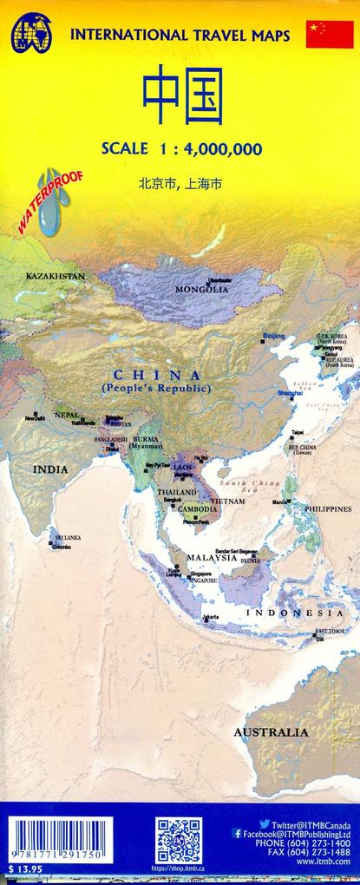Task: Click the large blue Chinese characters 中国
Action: pyautogui.click(x=182, y=97)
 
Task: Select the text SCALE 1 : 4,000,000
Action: pyautogui.click(x=182, y=148)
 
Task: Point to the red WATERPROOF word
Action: pyautogui.click(x=50, y=201)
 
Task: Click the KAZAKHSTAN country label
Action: pyautogui.click(x=56, y=276)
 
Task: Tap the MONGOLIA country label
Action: pyautogui.click(x=201, y=289)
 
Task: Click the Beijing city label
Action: pyautogui.click(x=273, y=336)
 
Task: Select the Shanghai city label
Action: pyautogui.click(x=290, y=393)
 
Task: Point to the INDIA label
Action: pyautogui.click(x=50, y=469)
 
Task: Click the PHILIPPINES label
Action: pyautogui.click(x=328, y=508)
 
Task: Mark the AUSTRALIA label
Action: pyautogui.click(x=271, y=732)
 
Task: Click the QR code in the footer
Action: pyautogui.click(x=178, y=841)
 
